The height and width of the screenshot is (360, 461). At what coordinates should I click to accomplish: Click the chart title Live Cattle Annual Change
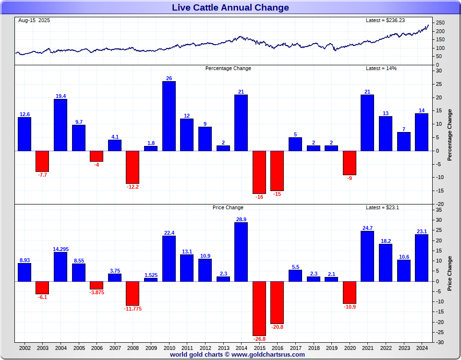(x=230, y=7)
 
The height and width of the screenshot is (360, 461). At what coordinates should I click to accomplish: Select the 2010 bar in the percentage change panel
(x=169, y=116)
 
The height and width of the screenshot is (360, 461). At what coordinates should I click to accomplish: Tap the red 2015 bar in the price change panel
(x=259, y=308)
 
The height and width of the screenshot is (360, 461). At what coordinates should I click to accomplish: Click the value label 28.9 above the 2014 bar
(x=241, y=219)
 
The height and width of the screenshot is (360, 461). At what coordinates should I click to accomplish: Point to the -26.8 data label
(x=259, y=339)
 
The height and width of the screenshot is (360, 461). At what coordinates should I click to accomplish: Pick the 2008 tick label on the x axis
(x=133, y=348)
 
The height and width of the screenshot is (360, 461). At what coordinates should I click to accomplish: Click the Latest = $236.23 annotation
(x=386, y=20)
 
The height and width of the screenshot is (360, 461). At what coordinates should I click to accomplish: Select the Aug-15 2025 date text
(x=34, y=20)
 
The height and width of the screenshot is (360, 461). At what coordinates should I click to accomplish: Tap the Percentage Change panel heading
(x=228, y=68)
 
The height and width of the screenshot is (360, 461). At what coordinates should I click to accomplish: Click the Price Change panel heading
(x=228, y=207)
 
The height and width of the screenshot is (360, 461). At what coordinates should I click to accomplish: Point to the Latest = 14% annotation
(x=381, y=68)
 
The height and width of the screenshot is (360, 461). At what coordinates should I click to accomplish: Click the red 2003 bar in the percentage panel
(x=42, y=161)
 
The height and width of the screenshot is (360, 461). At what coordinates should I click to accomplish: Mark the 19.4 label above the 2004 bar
(x=61, y=96)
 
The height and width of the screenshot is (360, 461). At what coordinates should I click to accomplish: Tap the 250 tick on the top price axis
(x=440, y=23)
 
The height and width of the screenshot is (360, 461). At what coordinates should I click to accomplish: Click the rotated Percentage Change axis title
(x=449, y=134)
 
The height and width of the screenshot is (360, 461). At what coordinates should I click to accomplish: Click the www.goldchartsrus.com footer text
(x=268, y=355)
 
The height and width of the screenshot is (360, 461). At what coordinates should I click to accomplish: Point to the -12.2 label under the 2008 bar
(x=133, y=187)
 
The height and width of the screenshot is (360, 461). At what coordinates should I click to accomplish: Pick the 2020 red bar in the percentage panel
(x=350, y=163)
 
